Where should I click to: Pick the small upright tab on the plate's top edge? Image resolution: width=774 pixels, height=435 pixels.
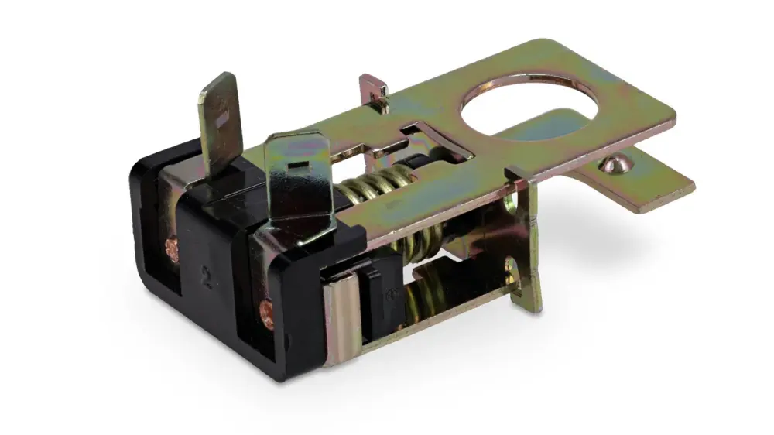click(x=374, y=88)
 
